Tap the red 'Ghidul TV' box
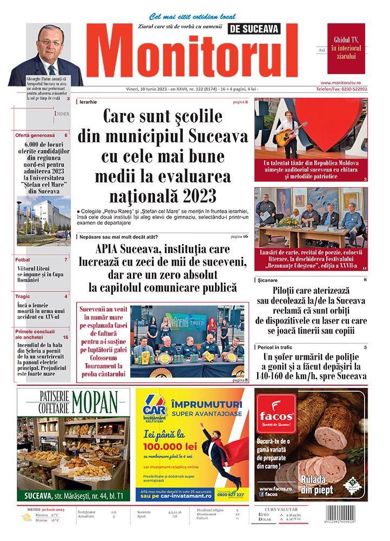[x=346, y=48]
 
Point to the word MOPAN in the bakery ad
[x=95, y=402]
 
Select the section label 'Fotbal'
[x=23, y=260]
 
